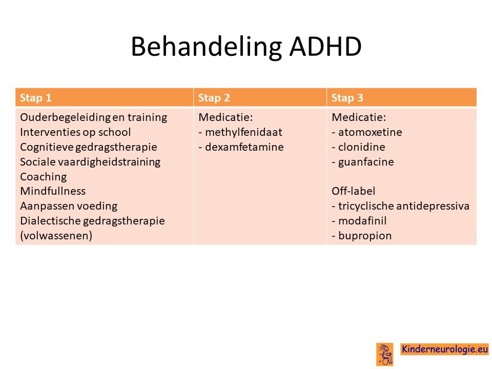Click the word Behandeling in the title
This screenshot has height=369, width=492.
coord(206,47)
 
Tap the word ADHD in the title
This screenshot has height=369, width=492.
coord(325,47)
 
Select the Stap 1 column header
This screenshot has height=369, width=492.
coord(35,98)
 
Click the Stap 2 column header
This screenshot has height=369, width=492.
coord(214,98)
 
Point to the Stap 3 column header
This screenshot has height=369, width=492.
coord(347,98)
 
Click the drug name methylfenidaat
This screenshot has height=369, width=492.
coord(243,132)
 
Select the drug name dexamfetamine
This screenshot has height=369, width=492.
coord(244,147)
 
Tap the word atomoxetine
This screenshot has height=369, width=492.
coord(370,132)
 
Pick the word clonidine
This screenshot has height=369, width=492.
coord(361,147)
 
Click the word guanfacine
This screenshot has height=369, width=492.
coord(366,162)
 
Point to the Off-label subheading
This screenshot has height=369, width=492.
coord(353,191)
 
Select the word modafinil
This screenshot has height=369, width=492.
coord(362,220)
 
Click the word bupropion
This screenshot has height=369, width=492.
coord(364,236)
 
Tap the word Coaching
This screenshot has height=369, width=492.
coord(43,177)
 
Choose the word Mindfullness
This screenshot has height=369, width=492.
coord(53,191)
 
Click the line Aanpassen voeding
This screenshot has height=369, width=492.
coord(69,206)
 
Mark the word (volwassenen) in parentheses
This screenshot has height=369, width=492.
coord(56,236)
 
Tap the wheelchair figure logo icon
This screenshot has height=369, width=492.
coord(385,354)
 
